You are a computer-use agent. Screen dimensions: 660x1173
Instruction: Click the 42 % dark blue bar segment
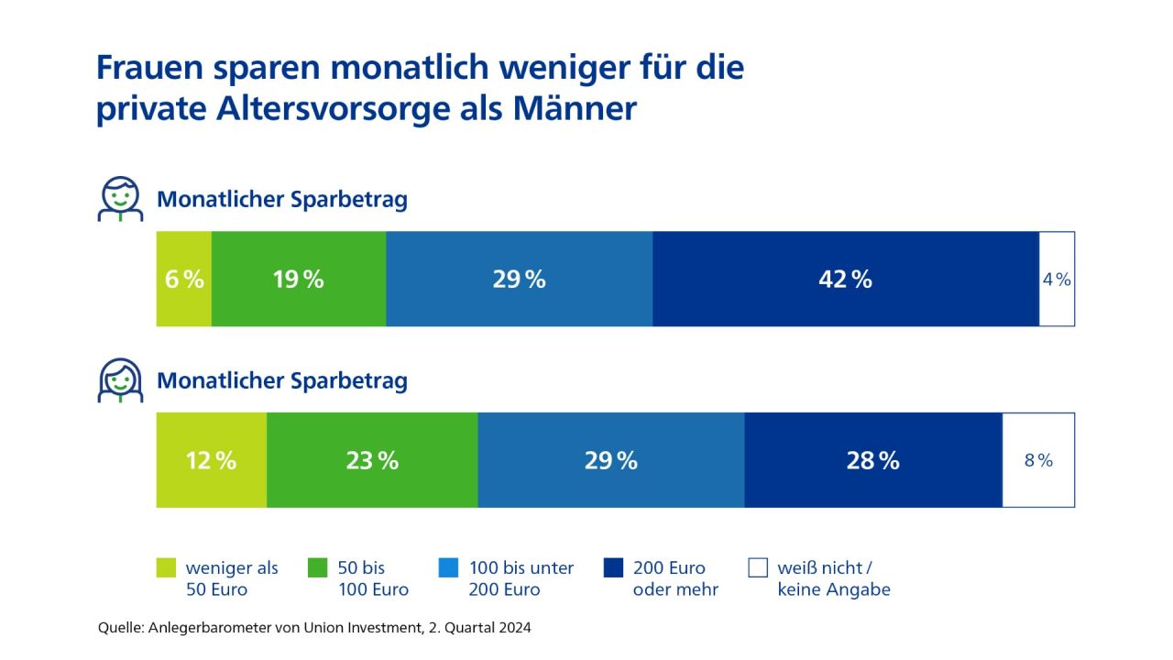845,279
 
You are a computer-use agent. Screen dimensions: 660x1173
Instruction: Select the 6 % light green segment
184,279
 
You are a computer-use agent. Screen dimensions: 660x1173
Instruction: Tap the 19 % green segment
299,279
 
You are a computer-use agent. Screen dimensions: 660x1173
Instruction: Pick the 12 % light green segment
212,460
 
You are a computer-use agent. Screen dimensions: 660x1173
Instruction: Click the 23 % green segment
372,460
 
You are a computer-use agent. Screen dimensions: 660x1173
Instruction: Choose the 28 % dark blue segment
872,460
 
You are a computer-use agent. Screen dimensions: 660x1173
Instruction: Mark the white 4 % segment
1057,279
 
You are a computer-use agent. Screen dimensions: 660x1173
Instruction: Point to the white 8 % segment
1038,460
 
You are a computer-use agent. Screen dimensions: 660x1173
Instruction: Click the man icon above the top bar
120,200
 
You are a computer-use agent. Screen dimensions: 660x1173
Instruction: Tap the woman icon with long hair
120,381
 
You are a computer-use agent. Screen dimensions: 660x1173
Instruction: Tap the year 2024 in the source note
512,629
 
